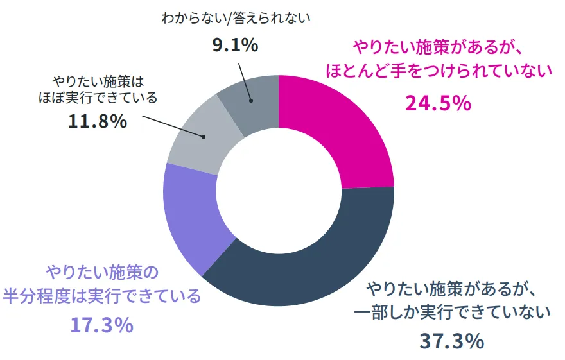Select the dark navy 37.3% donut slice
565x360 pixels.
tap(308, 263)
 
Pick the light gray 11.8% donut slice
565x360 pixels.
tap(193, 141)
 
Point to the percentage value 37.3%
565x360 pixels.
tap(451, 341)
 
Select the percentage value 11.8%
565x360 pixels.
tap(98, 121)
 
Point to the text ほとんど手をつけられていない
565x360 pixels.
tap(439, 71)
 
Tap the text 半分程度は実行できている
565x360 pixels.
tap(102, 297)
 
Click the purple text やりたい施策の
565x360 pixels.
tap(101, 272)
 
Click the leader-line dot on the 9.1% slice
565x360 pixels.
tap(252, 100)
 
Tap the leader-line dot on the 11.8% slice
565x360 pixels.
tap(204, 137)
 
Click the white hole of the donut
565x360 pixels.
tap(279, 190)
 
